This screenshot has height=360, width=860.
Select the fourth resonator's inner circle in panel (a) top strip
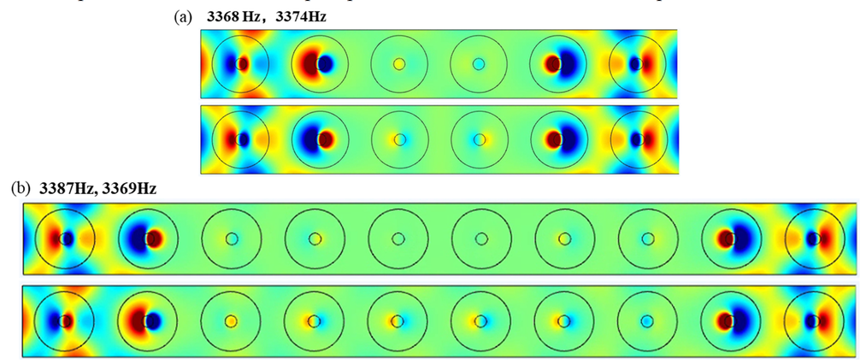[x=479, y=64]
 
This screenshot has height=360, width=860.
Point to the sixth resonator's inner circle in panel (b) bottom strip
[x=480, y=322]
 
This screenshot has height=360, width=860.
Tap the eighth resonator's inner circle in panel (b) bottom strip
[x=647, y=322]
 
